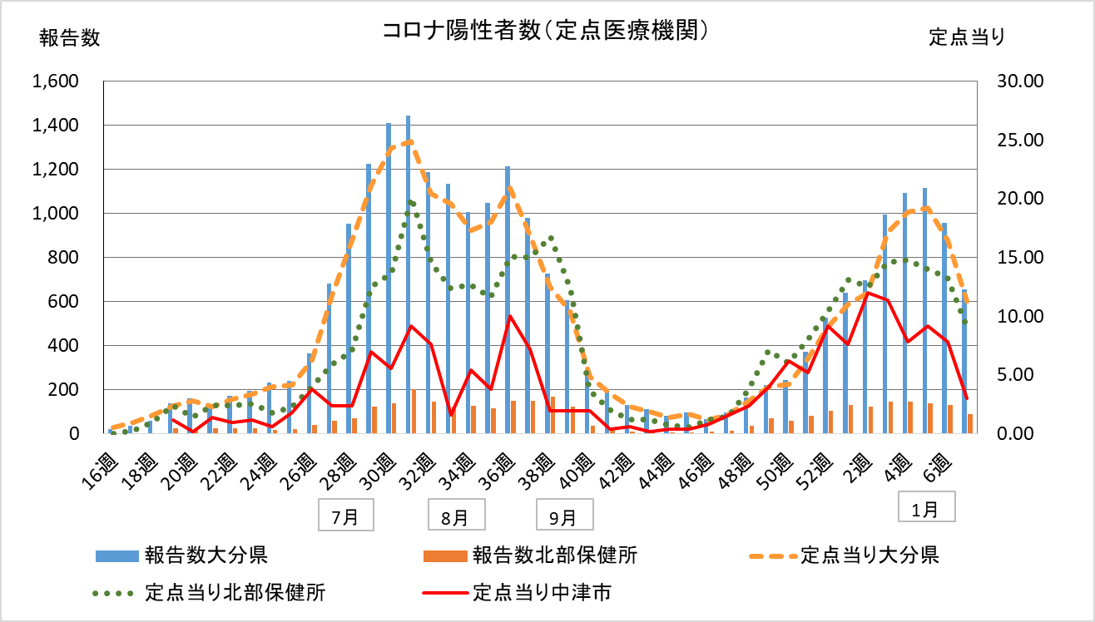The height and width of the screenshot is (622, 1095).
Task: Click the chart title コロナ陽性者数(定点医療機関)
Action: [546, 32]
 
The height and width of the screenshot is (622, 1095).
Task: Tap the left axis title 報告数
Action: [69, 37]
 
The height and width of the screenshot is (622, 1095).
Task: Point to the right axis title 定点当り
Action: [967, 37]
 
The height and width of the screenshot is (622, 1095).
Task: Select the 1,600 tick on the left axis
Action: [55, 81]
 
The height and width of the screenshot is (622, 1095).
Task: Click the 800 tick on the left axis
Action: [67, 258]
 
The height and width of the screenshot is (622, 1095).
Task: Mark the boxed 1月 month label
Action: [925, 510]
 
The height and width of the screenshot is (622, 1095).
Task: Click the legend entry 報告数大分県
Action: [205, 555]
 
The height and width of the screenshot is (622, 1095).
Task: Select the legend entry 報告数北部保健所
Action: [555, 555]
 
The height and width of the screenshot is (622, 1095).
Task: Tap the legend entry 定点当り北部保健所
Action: [235, 593]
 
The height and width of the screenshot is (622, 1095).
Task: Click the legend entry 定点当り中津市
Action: [544, 593]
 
